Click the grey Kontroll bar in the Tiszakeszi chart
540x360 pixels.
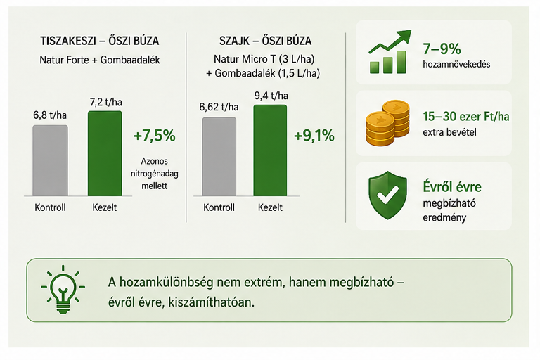50,160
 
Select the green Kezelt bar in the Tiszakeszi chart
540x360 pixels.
105,153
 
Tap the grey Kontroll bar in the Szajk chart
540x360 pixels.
219,157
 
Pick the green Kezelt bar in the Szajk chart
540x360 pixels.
270,150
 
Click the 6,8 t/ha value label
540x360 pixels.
50,115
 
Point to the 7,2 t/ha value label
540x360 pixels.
105,103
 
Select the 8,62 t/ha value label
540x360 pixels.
219,107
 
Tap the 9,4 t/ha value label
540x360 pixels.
271,96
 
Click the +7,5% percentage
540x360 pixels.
154,136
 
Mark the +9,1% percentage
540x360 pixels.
314,136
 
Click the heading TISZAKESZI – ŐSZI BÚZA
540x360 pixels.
100,41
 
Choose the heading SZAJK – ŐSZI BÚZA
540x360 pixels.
266,41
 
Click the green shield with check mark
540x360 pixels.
388,195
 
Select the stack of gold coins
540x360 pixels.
387,123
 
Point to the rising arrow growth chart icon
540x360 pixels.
390,51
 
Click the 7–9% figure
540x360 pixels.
442,49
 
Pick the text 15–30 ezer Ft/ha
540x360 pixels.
466,117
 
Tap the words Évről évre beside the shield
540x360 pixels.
452,187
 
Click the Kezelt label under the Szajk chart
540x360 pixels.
270,207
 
